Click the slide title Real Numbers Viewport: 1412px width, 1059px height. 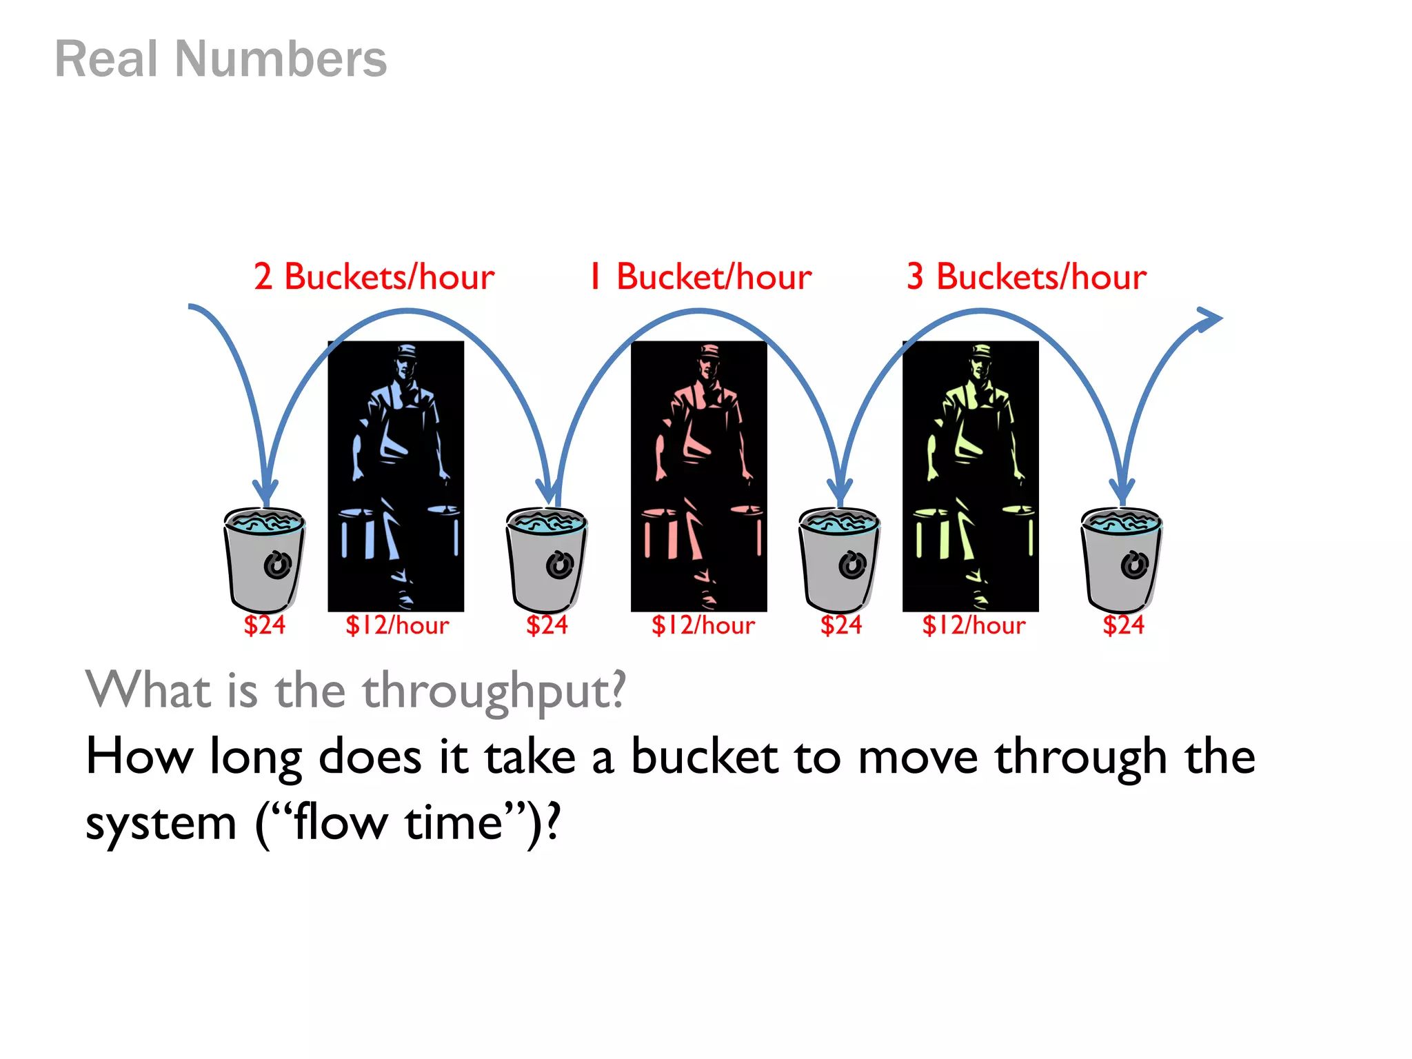tap(221, 59)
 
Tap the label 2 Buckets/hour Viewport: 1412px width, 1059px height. tap(374, 277)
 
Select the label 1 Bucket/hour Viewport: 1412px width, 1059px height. tap(700, 277)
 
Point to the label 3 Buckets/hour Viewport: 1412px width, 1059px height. tap(1026, 277)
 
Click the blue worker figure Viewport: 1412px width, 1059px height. tap(396, 476)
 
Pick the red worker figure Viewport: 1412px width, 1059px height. tap(698, 476)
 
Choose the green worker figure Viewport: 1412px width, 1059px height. tap(970, 476)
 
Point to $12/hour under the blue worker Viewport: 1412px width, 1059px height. tap(397, 625)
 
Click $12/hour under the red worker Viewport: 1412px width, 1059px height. tap(703, 625)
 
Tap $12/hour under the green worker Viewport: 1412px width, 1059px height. tap(974, 625)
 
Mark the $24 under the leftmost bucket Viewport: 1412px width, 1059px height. tap(264, 625)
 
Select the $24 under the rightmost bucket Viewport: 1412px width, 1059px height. tap(1123, 625)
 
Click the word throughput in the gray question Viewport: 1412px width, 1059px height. tap(494, 692)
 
